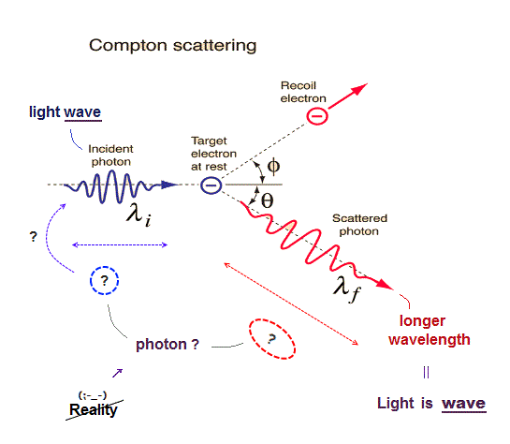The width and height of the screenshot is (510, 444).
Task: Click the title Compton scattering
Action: [173, 45]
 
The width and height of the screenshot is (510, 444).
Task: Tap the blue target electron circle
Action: [211, 185]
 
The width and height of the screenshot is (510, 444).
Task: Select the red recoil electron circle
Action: [317, 116]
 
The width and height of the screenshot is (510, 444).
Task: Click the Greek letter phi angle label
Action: [273, 166]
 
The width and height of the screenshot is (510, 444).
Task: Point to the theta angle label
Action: [267, 200]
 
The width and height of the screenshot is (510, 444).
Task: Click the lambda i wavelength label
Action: [138, 214]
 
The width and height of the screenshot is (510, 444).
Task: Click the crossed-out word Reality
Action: [94, 409]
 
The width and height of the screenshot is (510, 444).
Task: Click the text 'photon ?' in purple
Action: [168, 345]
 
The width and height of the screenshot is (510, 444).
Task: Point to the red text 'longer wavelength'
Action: [430, 330]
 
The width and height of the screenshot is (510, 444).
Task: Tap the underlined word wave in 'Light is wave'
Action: [464, 404]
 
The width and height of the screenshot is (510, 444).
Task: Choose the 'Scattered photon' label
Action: [359, 225]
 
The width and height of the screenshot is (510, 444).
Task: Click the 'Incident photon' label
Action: [111, 155]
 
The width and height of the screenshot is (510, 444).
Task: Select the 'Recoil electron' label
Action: [303, 92]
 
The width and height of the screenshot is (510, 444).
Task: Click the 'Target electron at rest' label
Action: [213, 154]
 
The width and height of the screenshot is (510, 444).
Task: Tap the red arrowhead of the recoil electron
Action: [359, 88]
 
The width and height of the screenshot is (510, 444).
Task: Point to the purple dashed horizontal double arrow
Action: [120, 244]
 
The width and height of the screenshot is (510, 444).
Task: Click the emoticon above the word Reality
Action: [93, 395]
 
